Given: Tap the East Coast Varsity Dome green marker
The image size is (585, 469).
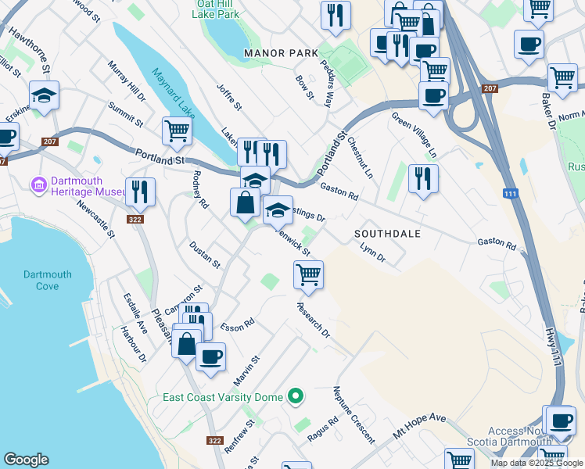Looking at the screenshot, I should click(x=295, y=397).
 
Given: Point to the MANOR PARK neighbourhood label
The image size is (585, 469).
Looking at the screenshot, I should click(x=281, y=53).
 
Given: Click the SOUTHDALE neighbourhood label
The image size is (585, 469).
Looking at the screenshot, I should click(x=387, y=234).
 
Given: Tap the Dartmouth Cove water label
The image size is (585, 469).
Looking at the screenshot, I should click(x=47, y=281).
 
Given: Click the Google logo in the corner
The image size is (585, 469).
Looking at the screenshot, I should click(x=26, y=460).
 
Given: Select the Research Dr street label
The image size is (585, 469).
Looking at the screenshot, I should click(x=314, y=321).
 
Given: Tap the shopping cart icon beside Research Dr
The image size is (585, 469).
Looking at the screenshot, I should click(x=309, y=275).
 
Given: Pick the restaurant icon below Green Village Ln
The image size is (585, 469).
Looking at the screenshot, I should click(x=423, y=178).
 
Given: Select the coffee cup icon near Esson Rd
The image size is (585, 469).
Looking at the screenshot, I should click(x=210, y=356).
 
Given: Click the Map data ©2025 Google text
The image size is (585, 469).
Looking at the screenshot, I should click(x=536, y=463).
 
